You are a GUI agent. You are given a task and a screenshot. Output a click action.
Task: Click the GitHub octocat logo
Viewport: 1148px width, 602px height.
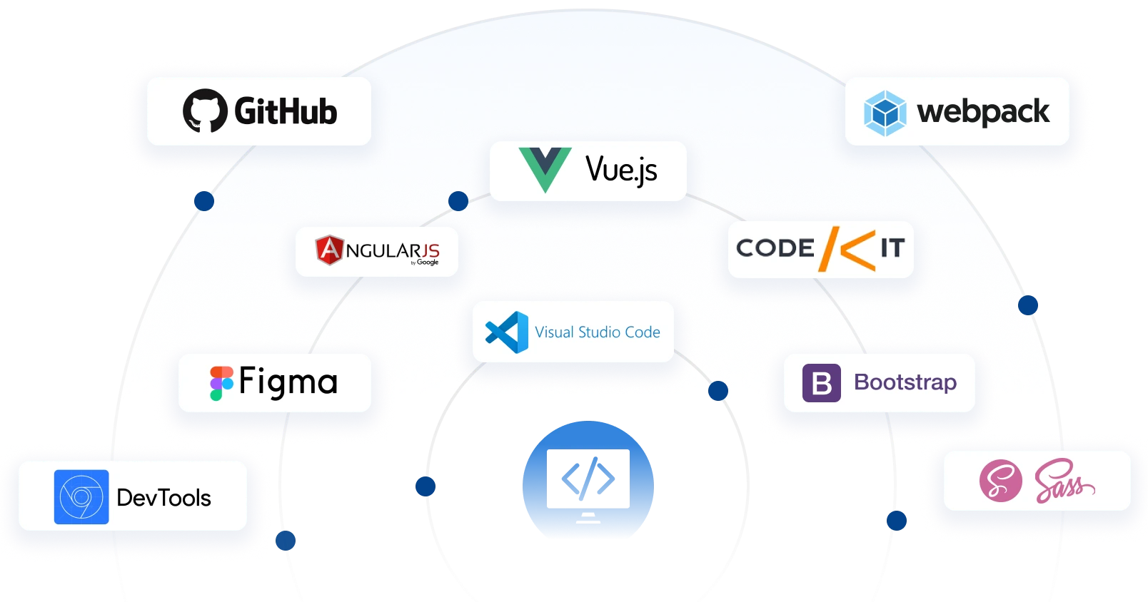coord(205,111)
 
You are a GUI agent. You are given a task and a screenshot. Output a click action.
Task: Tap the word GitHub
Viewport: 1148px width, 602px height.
coord(286,112)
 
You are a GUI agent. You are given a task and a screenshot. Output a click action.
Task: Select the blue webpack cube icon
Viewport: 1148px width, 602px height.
coord(885,113)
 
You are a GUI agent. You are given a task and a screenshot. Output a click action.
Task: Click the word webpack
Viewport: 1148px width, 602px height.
coord(983,112)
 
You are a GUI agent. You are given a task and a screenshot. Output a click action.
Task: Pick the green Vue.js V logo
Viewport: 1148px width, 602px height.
coord(545,170)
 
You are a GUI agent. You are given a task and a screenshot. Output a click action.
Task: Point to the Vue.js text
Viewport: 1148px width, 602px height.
coord(621,170)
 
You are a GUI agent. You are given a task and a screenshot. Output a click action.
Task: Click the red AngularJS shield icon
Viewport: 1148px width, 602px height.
coord(328,250)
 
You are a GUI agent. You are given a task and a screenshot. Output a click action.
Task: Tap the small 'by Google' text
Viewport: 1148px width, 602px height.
coord(426,262)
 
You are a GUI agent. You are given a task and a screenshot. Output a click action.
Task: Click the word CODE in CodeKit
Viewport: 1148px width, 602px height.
coord(775,248)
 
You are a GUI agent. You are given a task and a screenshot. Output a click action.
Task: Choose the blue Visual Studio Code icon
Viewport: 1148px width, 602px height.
coord(507,332)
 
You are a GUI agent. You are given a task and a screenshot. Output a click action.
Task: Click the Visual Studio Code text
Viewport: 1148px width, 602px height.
coord(598,332)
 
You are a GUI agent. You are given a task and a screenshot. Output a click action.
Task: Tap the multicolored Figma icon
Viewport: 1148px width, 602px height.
coord(221,383)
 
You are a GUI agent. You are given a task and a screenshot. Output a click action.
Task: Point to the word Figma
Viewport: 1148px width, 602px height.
coord(288,382)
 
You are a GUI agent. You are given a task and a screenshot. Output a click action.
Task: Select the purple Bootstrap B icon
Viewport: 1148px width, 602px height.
coord(821,383)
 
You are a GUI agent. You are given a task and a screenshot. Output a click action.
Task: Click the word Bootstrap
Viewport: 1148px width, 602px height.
coord(905,382)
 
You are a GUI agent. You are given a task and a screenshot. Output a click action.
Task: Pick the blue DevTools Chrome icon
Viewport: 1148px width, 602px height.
coord(81,496)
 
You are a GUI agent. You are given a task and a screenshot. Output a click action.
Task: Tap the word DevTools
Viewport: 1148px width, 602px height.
coord(163,498)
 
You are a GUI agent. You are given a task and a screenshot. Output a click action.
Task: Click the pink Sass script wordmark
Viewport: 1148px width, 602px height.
coord(1064,481)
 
